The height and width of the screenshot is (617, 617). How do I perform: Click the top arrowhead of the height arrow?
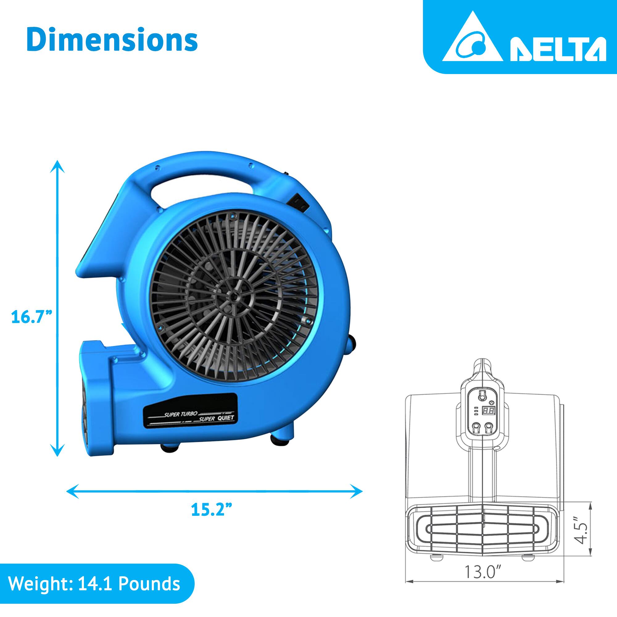click(x=57, y=166)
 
